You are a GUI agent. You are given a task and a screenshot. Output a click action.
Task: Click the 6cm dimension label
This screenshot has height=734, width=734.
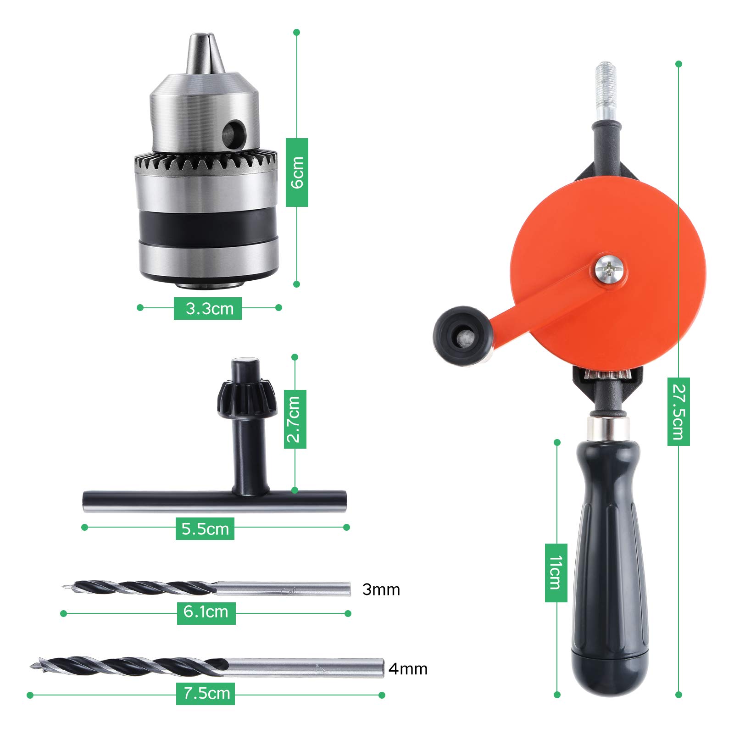pos(297,172)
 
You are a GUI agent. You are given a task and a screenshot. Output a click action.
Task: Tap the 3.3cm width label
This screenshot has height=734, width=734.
pos(208,308)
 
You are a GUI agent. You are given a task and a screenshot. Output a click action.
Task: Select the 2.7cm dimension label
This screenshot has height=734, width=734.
pos(295,419)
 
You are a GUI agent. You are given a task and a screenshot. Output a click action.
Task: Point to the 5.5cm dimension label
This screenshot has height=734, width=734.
pos(205,528)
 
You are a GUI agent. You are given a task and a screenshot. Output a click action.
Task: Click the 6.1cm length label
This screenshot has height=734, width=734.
pos(206,613)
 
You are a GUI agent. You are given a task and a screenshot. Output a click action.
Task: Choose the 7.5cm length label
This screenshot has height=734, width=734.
pos(206,693)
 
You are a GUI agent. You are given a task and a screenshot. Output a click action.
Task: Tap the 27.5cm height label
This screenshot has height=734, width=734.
pos(678,411)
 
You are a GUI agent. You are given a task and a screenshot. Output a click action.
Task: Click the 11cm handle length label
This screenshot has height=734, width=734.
pos(556,573)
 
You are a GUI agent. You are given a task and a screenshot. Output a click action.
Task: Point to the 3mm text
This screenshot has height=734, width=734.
pos(381,589)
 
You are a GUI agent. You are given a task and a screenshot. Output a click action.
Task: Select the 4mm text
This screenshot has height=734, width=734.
pos(408,669)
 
